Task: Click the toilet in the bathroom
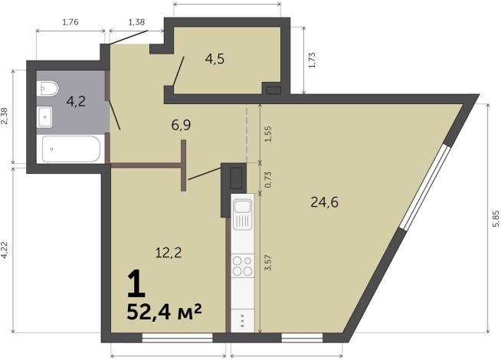[47, 88]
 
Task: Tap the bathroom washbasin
[44, 117]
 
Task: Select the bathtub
[71, 149]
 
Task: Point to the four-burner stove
[243, 266]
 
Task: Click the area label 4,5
[214, 59]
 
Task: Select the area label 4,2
[76, 102]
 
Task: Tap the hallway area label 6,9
[181, 125]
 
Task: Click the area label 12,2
[169, 253]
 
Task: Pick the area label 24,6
[324, 202]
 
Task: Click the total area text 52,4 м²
[164, 312]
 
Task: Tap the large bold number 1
[136, 283]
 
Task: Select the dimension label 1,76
[70, 22]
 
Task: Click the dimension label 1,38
[136, 22]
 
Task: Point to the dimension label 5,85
[496, 219]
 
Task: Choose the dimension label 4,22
[4, 250]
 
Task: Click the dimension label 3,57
[268, 263]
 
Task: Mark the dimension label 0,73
[268, 179]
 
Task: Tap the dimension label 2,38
[4, 116]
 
